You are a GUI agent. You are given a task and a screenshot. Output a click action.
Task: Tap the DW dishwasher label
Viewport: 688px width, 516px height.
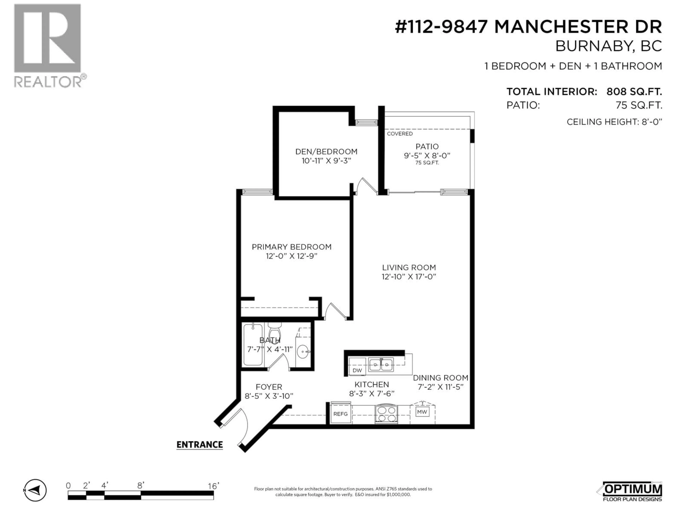click(357, 370)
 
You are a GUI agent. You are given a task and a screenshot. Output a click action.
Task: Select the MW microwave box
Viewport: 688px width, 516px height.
click(422, 412)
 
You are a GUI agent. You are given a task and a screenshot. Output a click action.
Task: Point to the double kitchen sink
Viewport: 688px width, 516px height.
click(381, 365)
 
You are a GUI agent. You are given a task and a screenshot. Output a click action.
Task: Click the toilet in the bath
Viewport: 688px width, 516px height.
click(275, 331)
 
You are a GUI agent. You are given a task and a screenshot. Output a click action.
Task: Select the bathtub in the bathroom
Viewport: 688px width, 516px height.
click(253, 345)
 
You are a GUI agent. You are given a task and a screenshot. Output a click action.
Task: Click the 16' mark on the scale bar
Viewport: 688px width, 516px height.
click(213, 486)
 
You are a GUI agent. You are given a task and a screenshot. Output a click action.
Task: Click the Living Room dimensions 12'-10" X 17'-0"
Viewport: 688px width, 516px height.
click(409, 276)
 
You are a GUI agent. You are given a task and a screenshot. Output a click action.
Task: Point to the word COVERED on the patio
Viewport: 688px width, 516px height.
click(400, 134)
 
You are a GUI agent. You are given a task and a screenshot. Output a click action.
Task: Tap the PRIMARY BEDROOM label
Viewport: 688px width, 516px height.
click(292, 247)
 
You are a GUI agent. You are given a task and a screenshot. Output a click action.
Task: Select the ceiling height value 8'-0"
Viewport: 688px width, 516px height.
click(652, 122)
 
